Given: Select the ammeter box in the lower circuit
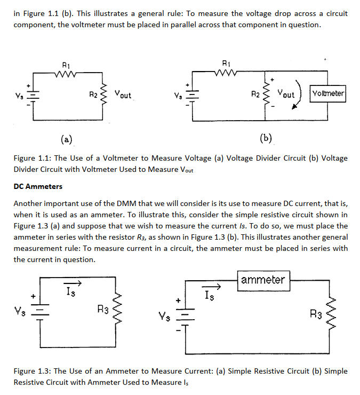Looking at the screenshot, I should pos(263,279).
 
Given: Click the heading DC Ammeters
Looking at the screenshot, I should pos(38,186).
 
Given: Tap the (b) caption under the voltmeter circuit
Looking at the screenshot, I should pos(266,139).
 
